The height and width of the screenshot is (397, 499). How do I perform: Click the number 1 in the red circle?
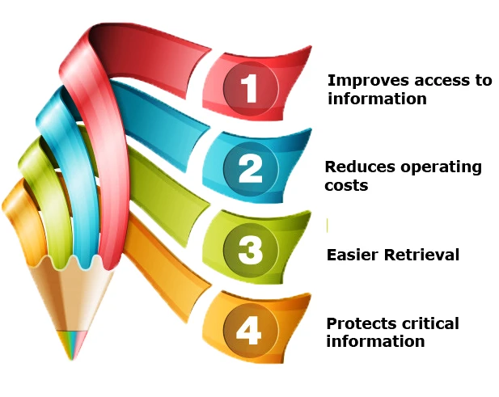[x=249, y=88]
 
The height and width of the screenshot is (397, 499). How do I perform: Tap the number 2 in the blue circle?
[x=250, y=170]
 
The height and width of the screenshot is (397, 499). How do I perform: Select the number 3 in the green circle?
[x=250, y=251]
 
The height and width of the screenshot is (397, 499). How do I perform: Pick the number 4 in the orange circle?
[x=248, y=331]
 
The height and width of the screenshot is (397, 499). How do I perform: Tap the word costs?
[x=346, y=186]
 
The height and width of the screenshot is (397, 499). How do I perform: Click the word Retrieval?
[x=421, y=255]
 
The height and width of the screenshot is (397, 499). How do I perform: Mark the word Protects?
[x=360, y=324]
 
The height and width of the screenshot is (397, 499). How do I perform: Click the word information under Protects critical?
[x=375, y=341]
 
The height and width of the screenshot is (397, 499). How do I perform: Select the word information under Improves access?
[x=377, y=99]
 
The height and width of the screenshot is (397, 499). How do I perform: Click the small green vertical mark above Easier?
[x=328, y=226]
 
